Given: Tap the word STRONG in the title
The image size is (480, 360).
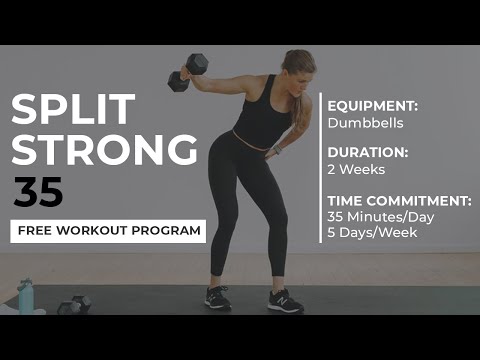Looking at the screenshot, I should (104, 148).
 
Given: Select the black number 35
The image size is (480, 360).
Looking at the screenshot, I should (38, 191).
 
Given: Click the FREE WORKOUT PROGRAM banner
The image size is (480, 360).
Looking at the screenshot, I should (108, 231).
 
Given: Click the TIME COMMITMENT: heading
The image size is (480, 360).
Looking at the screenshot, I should (399, 200).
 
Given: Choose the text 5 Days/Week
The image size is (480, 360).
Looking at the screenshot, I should (373, 234).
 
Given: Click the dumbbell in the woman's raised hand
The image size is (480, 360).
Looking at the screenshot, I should (188, 72).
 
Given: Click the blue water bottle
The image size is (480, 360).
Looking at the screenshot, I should (25, 295).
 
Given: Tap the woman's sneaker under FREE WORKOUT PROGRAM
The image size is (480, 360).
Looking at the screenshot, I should (217, 298).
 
